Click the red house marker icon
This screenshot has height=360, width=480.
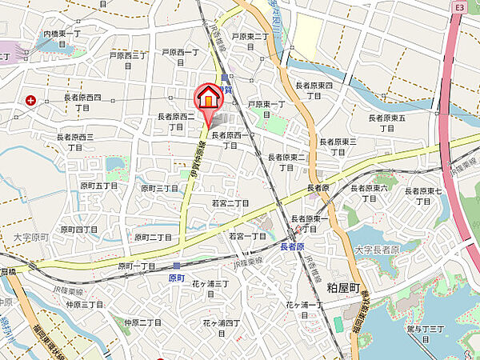click(209, 98)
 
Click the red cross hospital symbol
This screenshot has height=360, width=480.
click(30, 100)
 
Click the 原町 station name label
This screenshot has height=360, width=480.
click(178, 278)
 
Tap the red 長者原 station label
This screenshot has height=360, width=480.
click(294, 247)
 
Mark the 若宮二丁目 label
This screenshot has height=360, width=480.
click(230, 204)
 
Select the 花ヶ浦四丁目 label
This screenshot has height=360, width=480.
click(221, 322)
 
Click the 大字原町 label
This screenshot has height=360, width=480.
click(32, 238)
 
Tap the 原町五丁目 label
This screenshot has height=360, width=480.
click(98, 186)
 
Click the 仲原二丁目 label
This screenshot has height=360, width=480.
click(142, 322)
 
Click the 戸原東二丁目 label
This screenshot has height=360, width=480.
click(252, 36)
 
